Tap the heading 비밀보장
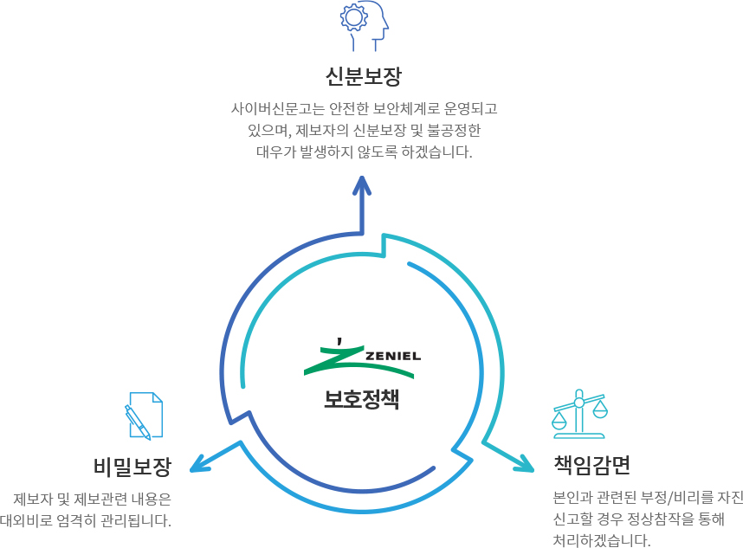(132, 467)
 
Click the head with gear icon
(363, 26)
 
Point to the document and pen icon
(144, 416)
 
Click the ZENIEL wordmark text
(393, 355)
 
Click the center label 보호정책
(362, 399)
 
